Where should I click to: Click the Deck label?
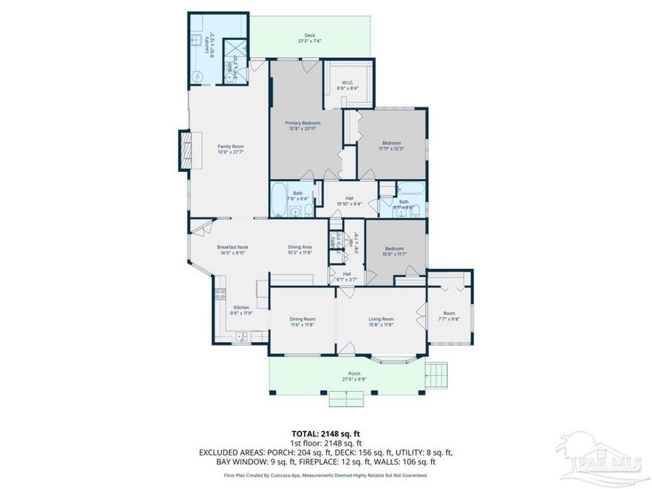click(x=309, y=35)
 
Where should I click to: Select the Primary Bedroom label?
click(x=303, y=124)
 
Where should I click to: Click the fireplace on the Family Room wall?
click(x=185, y=150)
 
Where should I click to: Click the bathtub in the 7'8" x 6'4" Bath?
click(x=278, y=201)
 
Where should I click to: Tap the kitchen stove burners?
click(x=217, y=293)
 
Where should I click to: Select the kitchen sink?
click(x=241, y=336)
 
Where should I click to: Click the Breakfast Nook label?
click(x=232, y=247)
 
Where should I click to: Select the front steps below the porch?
click(x=346, y=398)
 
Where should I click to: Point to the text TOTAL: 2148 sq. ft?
click(x=325, y=434)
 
